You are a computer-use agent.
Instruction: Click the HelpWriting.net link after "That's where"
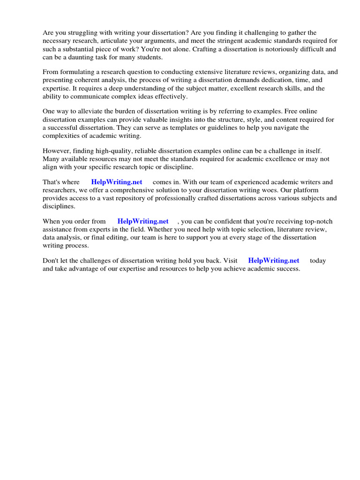tap(117, 182)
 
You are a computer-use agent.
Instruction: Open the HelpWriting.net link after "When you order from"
tap(143, 221)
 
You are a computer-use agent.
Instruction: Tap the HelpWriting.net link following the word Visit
tap(274, 261)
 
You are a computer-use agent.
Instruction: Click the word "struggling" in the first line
tap(83, 33)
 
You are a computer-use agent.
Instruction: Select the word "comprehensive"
tap(139, 190)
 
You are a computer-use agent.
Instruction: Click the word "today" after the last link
tap(318, 261)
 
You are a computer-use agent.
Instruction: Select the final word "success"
tap(287, 269)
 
